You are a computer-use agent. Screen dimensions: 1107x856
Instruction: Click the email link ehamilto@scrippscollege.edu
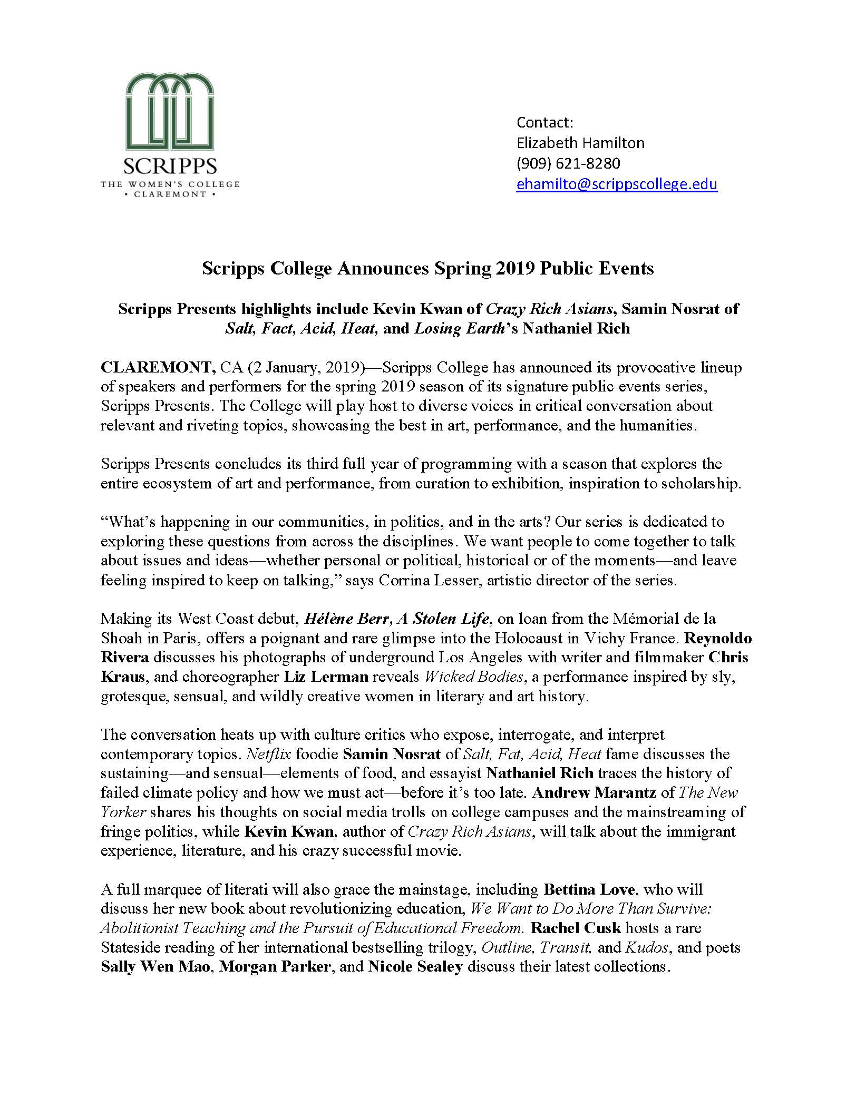click(x=616, y=184)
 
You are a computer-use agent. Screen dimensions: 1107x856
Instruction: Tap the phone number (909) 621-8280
click(x=568, y=164)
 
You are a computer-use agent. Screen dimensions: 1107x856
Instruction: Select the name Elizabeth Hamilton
click(x=580, y=143)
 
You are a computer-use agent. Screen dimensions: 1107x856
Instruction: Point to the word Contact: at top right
click(x=544, y=122)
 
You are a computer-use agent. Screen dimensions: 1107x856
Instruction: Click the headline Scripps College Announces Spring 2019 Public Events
click(x=427, y=269)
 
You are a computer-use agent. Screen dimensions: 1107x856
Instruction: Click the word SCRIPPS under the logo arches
click(x=170, y=167)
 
